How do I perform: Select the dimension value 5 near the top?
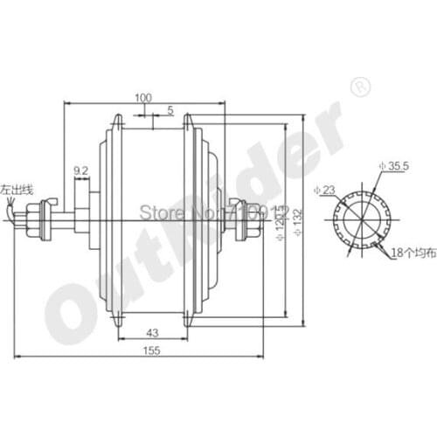[170, 110]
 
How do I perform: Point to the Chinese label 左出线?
[17, 189]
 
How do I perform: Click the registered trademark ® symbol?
[359, 86]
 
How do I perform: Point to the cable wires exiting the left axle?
[10, 210]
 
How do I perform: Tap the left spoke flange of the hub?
[109, 218]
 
